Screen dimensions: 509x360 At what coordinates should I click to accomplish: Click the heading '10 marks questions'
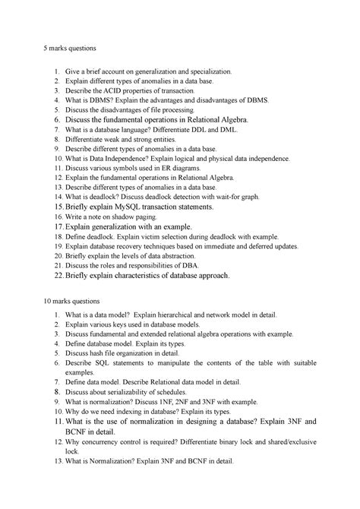click(x=74, y=301)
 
